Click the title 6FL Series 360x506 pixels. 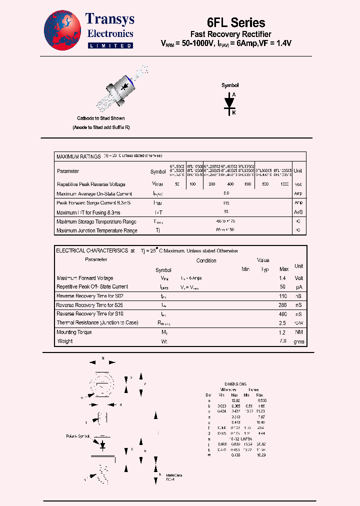coord(235,22)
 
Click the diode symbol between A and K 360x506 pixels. coord(230,102)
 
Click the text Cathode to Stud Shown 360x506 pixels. coord(101,118)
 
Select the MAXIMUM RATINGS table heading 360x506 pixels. coord(79,156)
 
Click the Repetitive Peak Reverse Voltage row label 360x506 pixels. coord(91,184)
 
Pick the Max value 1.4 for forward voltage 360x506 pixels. coord(283,278)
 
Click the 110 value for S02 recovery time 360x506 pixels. coord(283,296)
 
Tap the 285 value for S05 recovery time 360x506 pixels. coord(283,305)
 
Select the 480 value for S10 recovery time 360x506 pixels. coord(283,314)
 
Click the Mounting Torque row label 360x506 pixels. coord(74,332)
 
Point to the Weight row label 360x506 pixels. coord(65,341)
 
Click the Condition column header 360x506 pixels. coord(206,260)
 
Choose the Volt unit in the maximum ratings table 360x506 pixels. coord(298,184)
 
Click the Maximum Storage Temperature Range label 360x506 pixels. coord(96,221)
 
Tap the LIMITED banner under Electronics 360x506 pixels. coord(110,45)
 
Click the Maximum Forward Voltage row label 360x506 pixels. coord(85,278)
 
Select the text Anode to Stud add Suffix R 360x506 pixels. coord(101,128)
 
